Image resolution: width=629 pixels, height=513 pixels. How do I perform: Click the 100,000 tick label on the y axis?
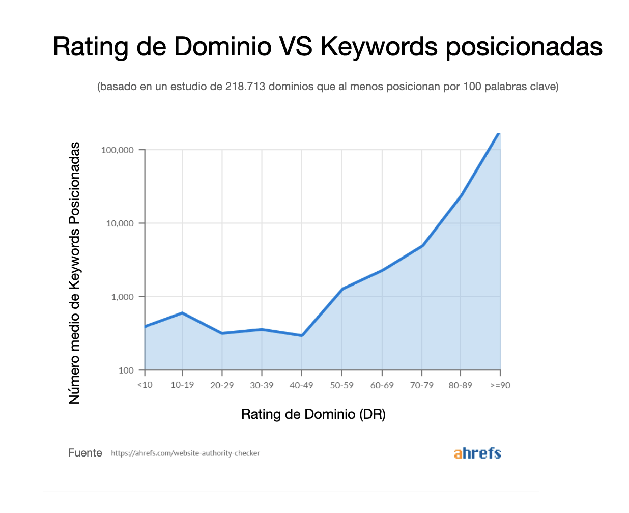117,150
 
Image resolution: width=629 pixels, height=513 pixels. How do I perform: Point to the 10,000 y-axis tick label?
120,223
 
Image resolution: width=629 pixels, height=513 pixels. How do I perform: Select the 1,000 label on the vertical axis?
122,297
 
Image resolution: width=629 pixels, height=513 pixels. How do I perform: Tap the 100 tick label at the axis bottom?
126,370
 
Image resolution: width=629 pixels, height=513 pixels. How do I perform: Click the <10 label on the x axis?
145,385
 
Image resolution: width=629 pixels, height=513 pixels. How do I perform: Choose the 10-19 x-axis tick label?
182,385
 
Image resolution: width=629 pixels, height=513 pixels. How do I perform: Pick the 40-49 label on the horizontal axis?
301,385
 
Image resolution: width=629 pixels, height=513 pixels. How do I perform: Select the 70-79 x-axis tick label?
421,385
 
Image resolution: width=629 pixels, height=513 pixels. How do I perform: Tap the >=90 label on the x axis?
500,385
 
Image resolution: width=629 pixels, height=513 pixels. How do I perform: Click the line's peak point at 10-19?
182,313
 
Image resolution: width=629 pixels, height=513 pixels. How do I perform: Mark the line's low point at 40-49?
302,335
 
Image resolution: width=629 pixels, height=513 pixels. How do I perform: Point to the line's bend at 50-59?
342,289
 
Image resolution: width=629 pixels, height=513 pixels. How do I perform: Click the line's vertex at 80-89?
461,195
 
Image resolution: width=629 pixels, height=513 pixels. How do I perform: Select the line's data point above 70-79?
422,246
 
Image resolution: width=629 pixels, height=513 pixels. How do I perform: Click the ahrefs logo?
477,453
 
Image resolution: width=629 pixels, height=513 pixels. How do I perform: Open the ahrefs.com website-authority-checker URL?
185,453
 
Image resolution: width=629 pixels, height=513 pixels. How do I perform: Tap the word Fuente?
85,453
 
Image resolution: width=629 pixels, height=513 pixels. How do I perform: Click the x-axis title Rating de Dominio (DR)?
313,414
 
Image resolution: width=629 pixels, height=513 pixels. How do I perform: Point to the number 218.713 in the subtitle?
245,87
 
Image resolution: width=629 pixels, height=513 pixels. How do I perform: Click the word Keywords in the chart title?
379,47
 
